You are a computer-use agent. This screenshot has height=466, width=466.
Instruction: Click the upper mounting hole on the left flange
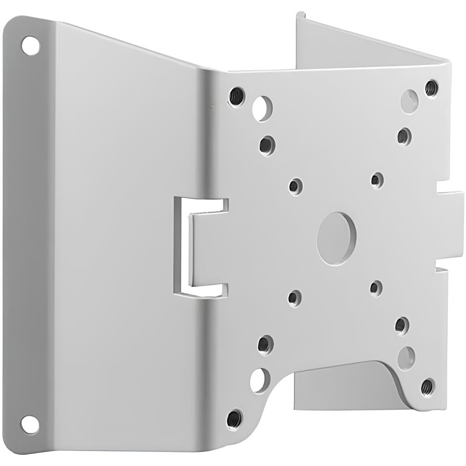point(30,46)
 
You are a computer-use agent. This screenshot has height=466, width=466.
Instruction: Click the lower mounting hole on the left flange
point(29,424)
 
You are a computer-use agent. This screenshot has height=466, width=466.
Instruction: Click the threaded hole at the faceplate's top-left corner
point(236,96)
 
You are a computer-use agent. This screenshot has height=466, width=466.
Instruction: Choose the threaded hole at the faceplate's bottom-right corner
point(427,387)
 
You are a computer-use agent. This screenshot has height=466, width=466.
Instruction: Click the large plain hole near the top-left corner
point(262,109)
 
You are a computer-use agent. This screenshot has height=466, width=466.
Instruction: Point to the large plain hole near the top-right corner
point(409,101)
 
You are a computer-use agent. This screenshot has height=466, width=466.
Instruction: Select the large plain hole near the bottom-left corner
point(260,380)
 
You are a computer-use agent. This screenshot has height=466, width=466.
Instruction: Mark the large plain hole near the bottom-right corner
point(406,357)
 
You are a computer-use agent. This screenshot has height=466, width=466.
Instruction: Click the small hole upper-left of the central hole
point(295,186)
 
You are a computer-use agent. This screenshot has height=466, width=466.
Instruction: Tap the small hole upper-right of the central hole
point(377,180)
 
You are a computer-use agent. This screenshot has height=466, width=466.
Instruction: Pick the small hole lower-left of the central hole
point(295,298)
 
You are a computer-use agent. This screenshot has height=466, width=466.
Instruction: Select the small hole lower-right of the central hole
point(376,288)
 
